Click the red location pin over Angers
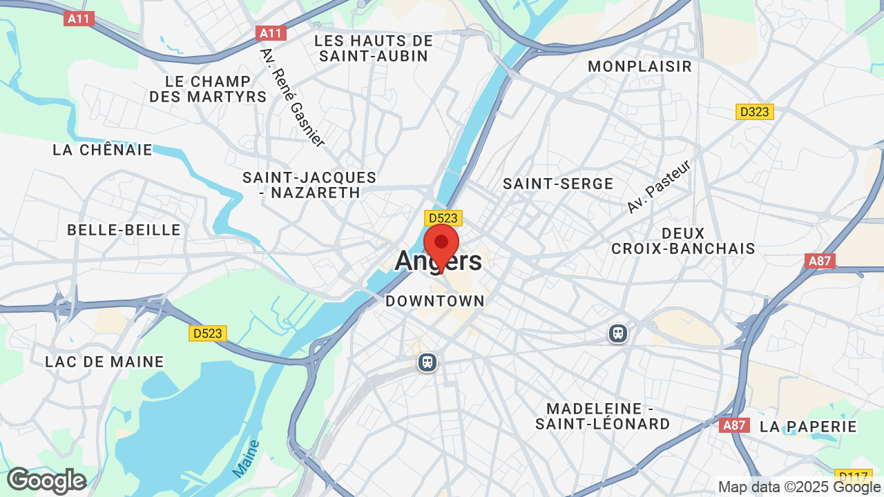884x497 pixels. point(441,245)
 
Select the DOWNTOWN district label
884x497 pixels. point(435,301)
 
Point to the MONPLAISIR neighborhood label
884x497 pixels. point(640,66)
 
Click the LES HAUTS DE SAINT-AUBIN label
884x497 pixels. point(374,48)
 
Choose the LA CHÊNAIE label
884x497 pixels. point(102,150)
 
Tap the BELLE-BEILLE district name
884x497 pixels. point(124,230)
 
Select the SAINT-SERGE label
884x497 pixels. point(558,184)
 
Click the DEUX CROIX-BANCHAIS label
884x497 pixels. point(683,241)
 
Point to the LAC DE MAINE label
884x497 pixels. point(104,362)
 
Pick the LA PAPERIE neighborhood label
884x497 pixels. point(808,427)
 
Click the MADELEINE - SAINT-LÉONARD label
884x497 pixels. point(602,416)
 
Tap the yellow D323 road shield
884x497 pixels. point(754,112)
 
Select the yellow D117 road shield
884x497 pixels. point(853,476)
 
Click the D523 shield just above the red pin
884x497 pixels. point(443,218)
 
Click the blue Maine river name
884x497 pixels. point(246,458)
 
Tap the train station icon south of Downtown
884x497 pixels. point(427,362)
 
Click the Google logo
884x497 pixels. point(46,480)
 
